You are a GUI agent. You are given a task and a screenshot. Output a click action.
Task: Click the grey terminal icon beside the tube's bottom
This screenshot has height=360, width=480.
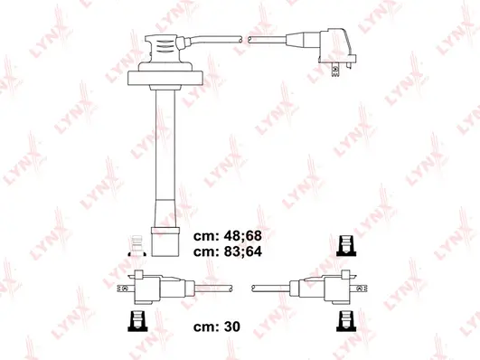point(136,239)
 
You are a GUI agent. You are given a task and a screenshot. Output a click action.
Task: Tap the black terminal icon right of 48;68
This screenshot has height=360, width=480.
point(344,245)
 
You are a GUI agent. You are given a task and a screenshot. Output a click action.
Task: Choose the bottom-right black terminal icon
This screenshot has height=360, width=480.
point(344,319)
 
